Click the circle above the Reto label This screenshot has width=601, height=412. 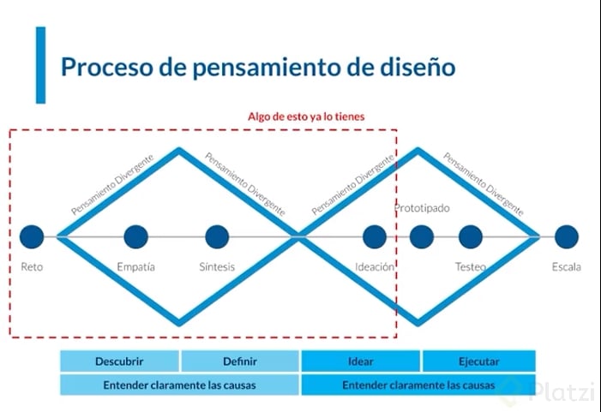(32, 236)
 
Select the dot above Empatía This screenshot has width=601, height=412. (135, 236)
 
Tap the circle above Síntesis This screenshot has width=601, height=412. (217, 236)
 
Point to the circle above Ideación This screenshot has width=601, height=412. (375, 236)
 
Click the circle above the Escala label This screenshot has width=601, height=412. (566, 236)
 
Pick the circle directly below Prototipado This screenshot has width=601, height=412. (421, 236)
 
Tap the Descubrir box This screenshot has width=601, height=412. (119, 361)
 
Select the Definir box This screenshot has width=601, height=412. (240, 361)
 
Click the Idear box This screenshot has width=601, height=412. (360, 361)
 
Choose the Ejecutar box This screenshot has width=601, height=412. (478, 361)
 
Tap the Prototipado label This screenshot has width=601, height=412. (422, 208)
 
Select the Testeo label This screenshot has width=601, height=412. (470, 267)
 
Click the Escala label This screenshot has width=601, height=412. (566, 267)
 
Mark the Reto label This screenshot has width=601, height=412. (32, 267)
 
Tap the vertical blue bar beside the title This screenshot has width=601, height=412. (40, 64)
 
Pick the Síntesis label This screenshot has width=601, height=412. (217, 267)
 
